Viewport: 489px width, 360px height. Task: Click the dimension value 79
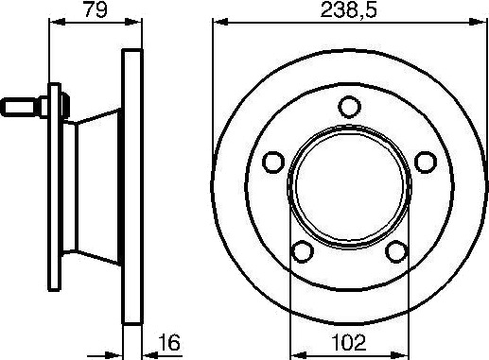(95, 9)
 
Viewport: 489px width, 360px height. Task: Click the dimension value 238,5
(348, 9)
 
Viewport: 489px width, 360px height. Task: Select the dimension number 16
(169, 343)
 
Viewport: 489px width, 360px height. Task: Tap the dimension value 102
(349, 342)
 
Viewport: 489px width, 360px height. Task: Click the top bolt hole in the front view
(349, 107)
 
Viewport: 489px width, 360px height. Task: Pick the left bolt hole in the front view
(273, 163)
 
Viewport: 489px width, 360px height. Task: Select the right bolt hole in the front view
(426, 163)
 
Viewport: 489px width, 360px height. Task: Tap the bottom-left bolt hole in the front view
(303, 251)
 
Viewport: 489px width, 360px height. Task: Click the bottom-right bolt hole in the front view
(396, 251)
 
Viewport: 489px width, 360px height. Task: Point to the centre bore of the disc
(349, 186)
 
